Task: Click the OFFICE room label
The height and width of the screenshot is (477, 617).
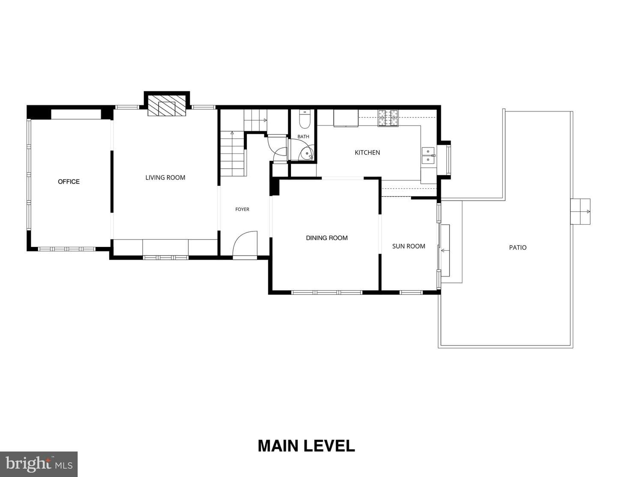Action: coord(69,182)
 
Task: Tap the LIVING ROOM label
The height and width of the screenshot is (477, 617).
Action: coord(165,178)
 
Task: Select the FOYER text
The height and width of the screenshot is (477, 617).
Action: coord(242,209)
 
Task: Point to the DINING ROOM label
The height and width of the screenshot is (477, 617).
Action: coord(327,238)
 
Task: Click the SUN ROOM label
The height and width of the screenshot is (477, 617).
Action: coord(409,246)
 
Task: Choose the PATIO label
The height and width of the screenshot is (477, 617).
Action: coord(518,248)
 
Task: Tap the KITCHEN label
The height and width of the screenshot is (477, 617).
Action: coord(367,153)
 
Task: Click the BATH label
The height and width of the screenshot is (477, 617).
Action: coord(303,137)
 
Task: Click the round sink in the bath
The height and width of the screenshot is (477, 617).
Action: coord(307,153)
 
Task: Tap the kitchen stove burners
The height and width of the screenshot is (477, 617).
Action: coord(388,117)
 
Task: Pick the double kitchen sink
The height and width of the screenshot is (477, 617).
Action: coord(428,156)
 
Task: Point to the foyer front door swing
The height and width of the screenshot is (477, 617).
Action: coord(245,243)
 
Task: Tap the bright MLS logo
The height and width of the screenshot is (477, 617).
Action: coord(39,464)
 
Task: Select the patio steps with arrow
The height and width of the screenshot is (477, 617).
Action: coord(581,211)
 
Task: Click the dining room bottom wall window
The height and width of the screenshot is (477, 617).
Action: coord(327,292)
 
